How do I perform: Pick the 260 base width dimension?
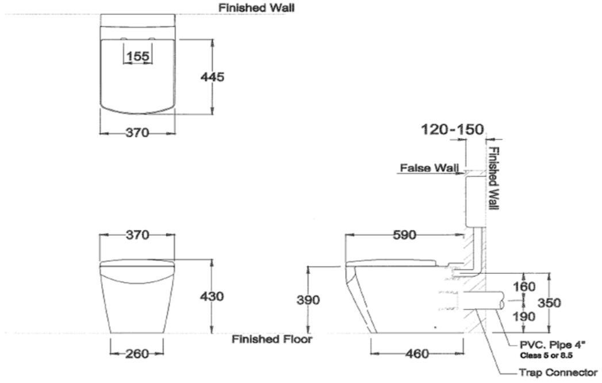(137, 353)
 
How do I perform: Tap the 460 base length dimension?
(416, 354)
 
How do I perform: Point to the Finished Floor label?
(271, 339)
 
